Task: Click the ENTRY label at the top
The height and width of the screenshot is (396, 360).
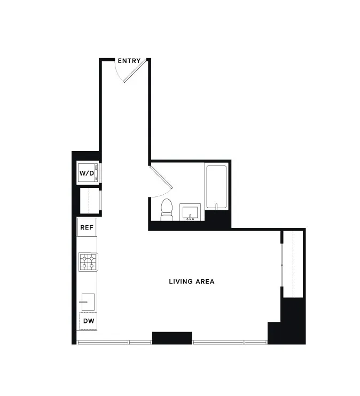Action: [129, 61]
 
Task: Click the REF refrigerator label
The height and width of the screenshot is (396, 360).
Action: [87, 227]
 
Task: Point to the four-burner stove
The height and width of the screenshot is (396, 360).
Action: [88, 262]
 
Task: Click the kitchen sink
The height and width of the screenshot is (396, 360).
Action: [87, 303]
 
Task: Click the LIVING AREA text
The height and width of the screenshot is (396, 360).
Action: [191, 281]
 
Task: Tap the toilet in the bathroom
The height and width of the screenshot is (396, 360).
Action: [167, 209]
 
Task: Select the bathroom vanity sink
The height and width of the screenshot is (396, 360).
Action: [190, 212]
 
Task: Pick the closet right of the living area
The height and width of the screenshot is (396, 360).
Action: [293, 264]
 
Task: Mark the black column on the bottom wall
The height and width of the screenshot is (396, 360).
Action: [171, 337]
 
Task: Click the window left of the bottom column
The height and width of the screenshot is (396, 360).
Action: [114, 342]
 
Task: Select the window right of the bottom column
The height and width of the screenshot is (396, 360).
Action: [230, 342]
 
